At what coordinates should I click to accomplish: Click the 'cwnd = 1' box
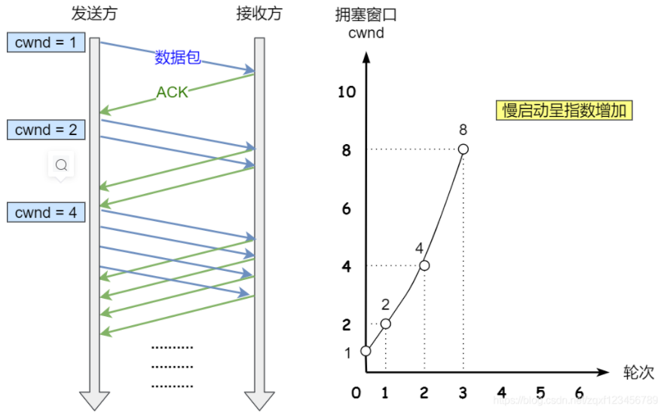[46, 42]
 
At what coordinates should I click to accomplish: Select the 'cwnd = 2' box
[46, 130]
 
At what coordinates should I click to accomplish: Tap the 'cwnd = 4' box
[46, 213]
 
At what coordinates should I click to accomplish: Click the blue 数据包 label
[178, 57]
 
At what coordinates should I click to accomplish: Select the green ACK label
[172, 93]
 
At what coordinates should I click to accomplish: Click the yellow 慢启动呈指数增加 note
[564, 110]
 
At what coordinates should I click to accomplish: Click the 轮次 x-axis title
[638, 372]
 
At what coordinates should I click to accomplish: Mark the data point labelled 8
[464, 149]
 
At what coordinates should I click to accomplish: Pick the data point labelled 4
[424, 265]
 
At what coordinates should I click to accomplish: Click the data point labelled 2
[385, 324]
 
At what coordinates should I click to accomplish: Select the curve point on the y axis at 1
[366, 351]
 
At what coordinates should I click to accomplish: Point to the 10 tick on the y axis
[347, 92]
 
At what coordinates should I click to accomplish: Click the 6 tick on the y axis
[347, 208]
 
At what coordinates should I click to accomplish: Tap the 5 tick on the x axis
[540, 393]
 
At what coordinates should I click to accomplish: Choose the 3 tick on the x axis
[463, 393]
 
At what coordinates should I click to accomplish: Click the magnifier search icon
[62, 164]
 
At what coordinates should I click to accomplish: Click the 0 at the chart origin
[357, 393]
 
